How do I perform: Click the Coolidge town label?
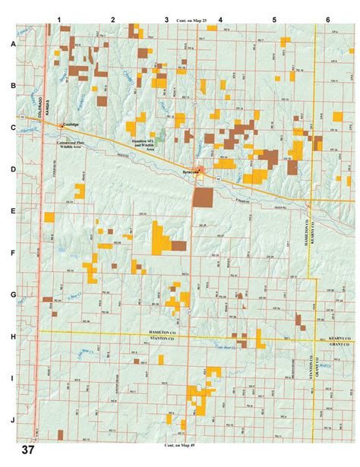(72, 125)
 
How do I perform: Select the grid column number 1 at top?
(60, 17)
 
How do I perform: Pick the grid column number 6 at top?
(327, 17)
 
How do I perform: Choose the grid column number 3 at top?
(166, 17)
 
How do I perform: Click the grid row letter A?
(12, 44)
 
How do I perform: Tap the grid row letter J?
(12, 420)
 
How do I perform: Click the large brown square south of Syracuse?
(203, 197)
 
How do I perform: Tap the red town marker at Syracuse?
(199, 170)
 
